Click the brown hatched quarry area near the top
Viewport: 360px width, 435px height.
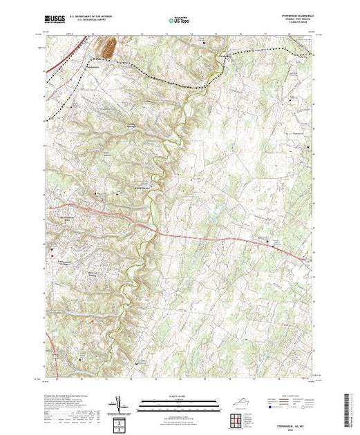(x=108, y=48)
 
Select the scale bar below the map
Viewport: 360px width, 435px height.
(x=178, y=400)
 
